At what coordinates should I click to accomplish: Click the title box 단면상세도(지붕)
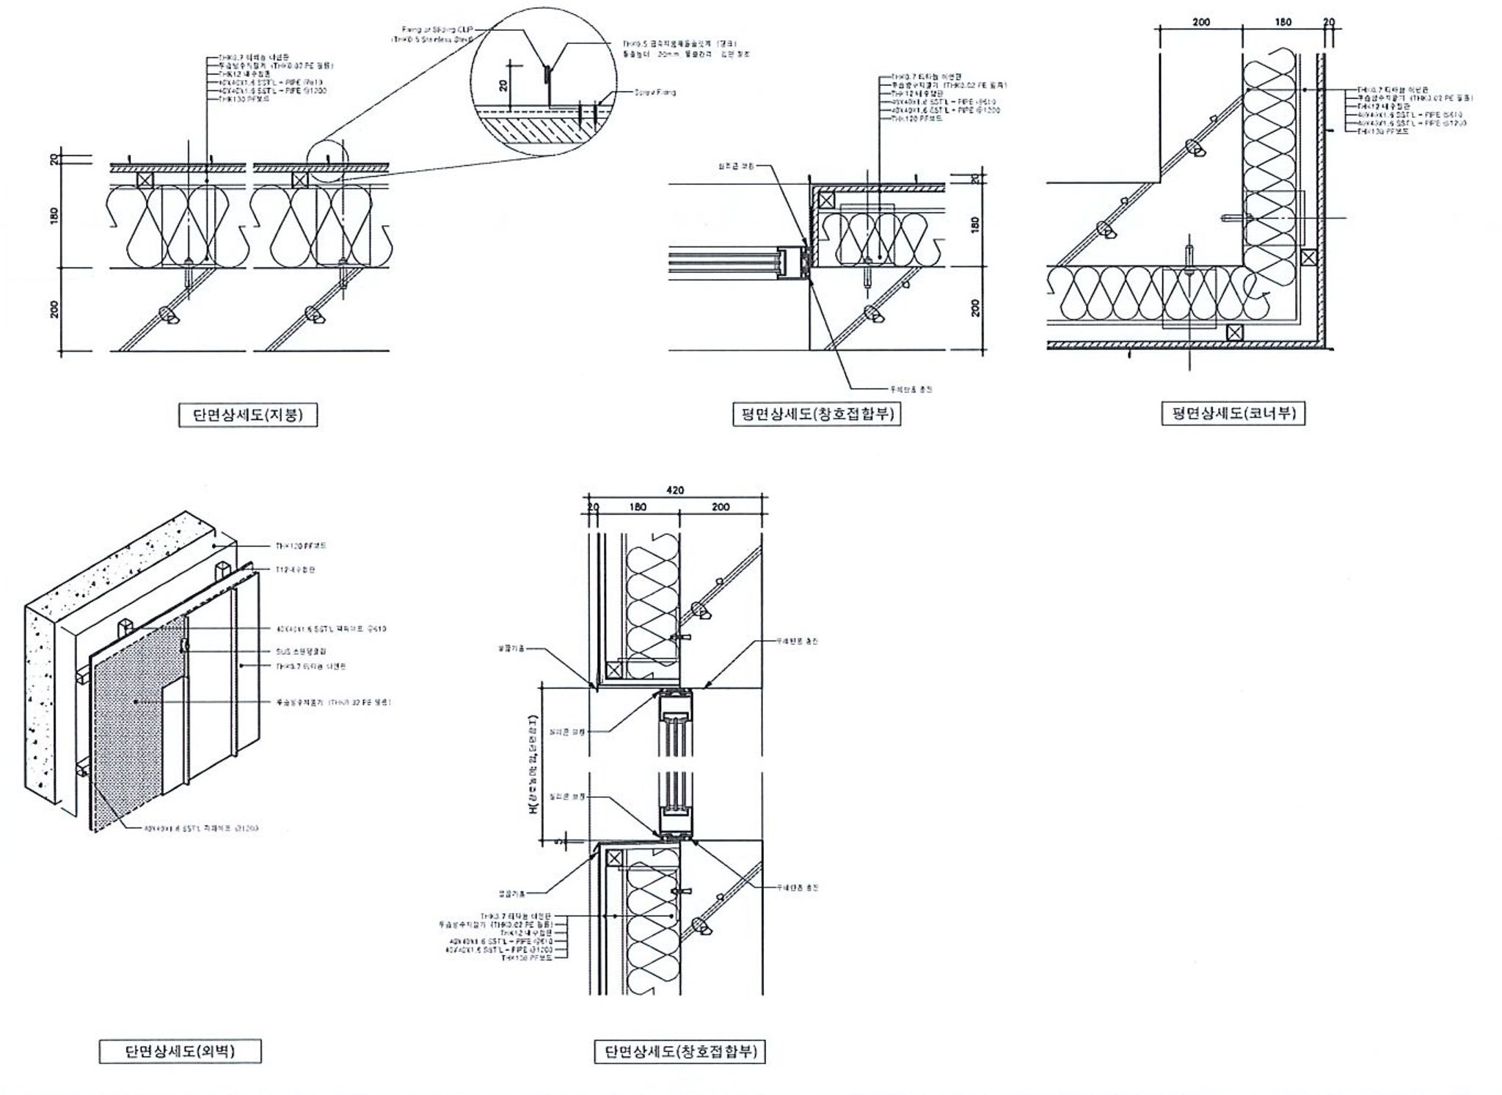click(241, 415)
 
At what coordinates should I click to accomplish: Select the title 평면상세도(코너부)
click(1233, 414)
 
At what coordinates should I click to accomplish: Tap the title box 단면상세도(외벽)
click(180, 1052)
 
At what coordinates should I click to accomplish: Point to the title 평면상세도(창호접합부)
click(817, 414)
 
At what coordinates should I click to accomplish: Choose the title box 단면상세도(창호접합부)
click(679, 1052)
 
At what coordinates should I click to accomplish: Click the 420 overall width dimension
click(675, 491)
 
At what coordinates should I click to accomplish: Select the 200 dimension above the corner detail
click(1201, 23)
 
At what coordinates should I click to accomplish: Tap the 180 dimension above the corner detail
click(1283, 23)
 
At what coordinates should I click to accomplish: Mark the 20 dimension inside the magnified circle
click(503, 85)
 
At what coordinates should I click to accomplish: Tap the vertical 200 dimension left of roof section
click(54, 310)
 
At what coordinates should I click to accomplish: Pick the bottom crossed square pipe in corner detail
click(1235, 332)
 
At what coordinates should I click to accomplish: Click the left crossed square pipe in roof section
click(145, 180)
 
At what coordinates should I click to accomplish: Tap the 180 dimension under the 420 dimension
click(638, 507)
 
